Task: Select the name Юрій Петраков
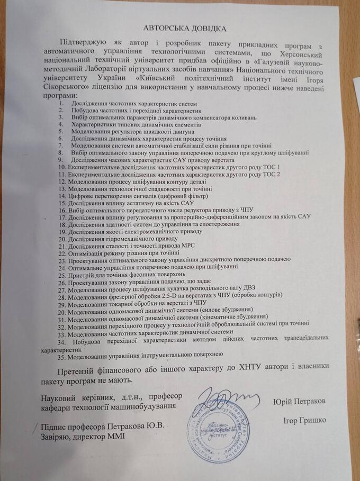300,402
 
